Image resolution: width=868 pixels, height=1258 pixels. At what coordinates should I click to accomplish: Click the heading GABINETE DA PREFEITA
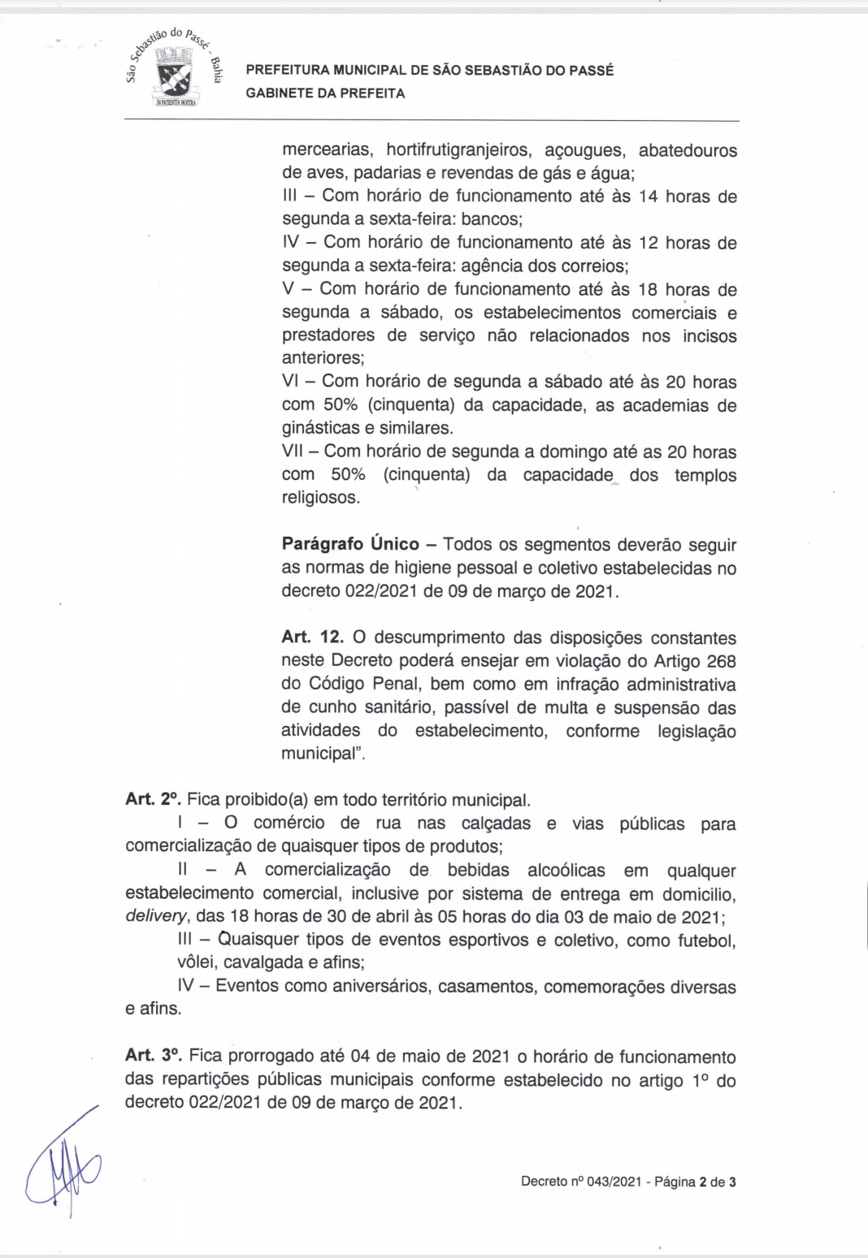(x=325, y=93)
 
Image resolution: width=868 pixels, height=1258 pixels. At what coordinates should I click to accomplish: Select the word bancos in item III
(x=490, y=219)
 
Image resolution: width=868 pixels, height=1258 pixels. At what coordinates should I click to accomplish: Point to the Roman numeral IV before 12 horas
(x=291, y=242)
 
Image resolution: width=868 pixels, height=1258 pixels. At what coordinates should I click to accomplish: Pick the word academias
(x=660, y=405)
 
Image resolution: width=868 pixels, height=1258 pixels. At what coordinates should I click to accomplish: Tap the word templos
(x=705, y=475)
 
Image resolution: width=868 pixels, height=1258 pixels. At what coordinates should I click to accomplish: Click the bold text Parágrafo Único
(x=350, y=544)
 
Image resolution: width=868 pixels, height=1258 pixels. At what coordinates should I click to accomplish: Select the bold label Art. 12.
(x=313, y=638)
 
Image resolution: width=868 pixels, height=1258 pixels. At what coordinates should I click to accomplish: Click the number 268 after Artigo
(x=721, y=661)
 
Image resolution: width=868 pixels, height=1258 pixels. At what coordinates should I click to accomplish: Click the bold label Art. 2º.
(x=153, y=800)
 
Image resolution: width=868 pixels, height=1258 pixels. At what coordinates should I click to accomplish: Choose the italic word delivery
(x=156, y=917)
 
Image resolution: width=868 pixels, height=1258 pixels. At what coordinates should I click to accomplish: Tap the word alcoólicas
(x=566, y=871)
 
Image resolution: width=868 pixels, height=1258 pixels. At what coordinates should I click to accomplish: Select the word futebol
(x=706, y=940)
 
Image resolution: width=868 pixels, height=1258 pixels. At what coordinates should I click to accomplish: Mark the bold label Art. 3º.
(x=153, y=1056)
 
